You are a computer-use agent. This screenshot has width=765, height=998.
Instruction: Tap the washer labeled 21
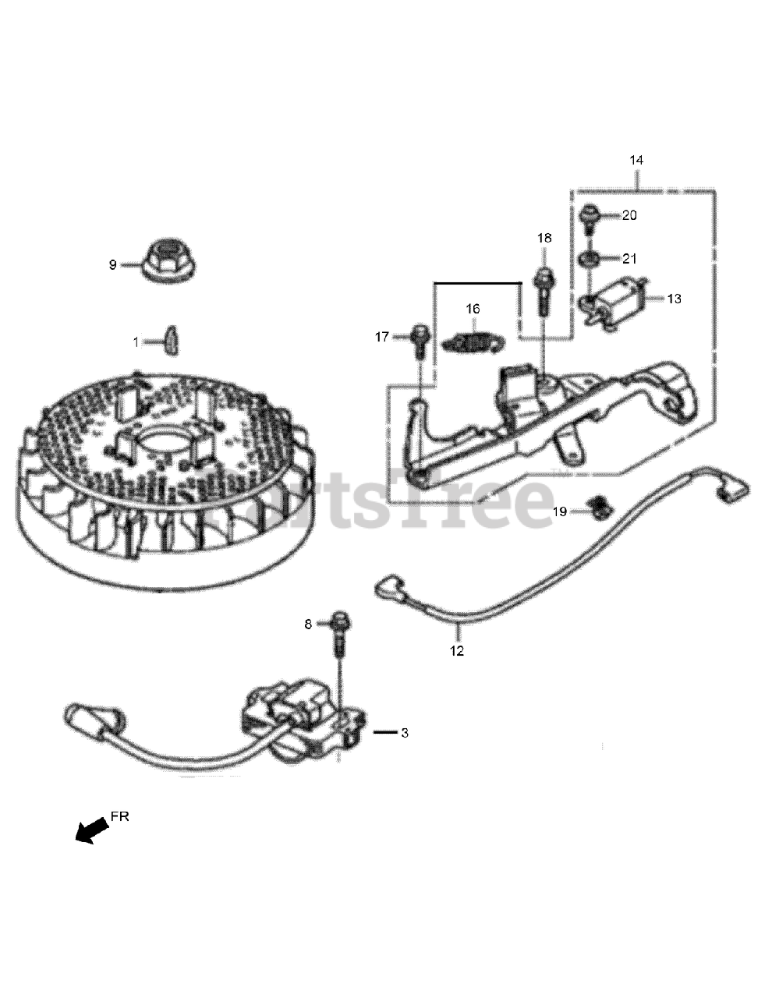pyautogui.click(x=590, y=259)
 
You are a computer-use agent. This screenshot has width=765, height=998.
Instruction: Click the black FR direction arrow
pyautogui.click(x=90, y=829)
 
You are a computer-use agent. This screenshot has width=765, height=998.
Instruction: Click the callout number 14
pyautogui.click(x=636, y=160)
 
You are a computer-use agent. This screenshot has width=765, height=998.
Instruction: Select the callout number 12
pyautogui.click(x=457, y=651)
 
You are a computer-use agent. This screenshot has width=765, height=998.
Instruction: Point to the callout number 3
pyautogui.click(x=403, y=733)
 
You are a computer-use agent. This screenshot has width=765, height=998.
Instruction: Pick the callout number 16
pyautogui.click(x=473, y=309)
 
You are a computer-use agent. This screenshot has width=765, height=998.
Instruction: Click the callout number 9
pyautogui.click(x=112, y=265)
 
